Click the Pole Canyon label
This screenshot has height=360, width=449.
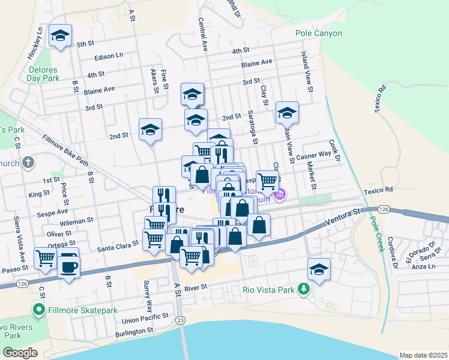click(319, 34)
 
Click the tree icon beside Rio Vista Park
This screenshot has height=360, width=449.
click(304, 290)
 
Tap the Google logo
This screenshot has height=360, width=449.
click(20, 353)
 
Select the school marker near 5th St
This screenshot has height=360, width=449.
click(60, 35)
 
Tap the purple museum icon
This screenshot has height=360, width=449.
click(279, 194)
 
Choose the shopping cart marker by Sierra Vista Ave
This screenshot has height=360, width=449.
click(46, 259)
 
